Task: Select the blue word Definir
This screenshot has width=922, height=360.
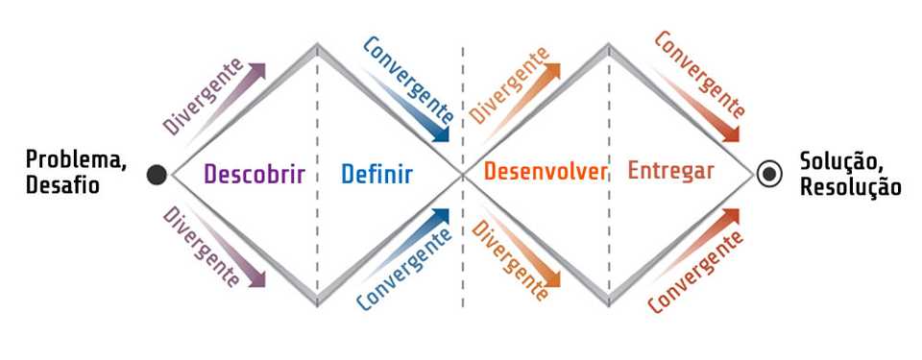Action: (376, 174)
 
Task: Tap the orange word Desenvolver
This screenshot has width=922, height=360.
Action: (546, 173)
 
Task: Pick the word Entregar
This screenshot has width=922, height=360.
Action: (671, 173)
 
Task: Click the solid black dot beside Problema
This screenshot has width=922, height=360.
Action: (157, 174)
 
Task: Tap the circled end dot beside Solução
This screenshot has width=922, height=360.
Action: (768, 174)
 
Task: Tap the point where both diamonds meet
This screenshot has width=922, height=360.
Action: (463, 174)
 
